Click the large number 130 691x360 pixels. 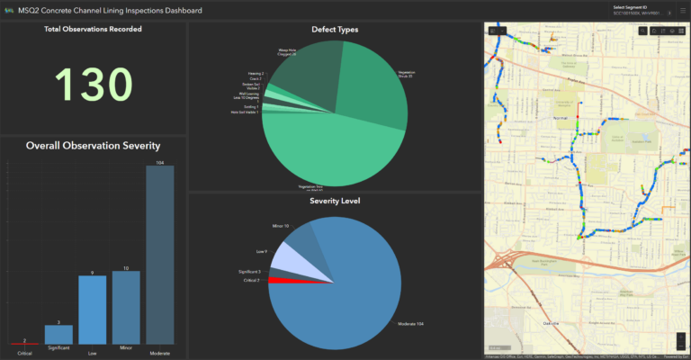pos(94,84)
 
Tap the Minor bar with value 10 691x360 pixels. pos(126,307)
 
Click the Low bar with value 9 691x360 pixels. pos(93,310)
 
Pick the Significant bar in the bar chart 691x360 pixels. pos(59,334)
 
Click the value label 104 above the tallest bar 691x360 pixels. pos(160,162)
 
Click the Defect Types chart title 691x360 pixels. pos(335,30)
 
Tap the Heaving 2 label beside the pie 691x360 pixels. pos(255,74)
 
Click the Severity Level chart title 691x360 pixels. pos(335,201)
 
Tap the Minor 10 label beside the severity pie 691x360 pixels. pos(280,226)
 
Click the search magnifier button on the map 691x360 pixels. pos(642,31)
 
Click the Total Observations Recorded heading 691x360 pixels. pos(94,30)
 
